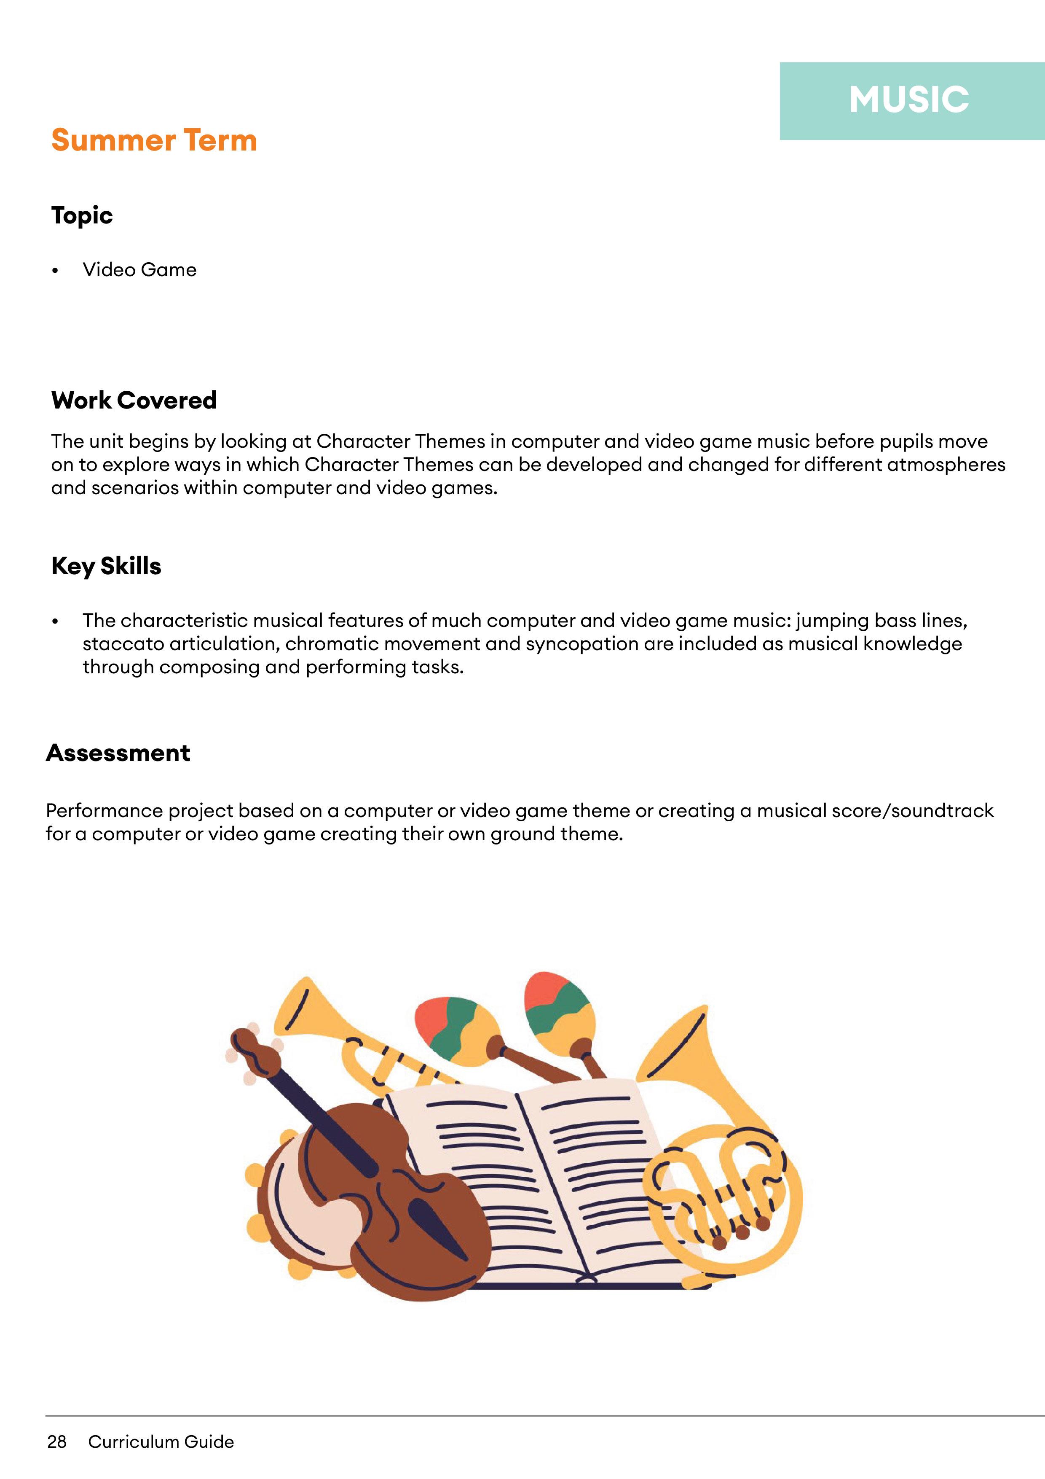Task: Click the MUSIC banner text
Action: pyautogui.click(x=908, y=100)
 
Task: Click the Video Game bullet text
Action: pyautogui.click(x=139, y=270)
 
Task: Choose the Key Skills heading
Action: pyautogui.click(x=106, y=566)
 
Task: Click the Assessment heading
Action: pyautogui.click(x=118, y=753)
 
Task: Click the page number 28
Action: pyautogui.click(x=56, y=1441)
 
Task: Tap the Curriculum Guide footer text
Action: pyautogui.click(x=161, y=1441)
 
